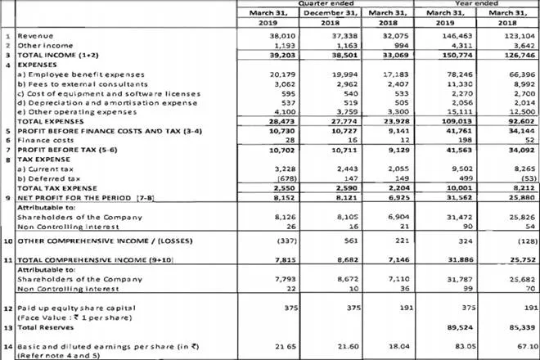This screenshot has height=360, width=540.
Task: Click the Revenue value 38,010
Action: click(267, 38)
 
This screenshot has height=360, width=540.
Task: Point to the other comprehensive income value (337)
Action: click(267, 242)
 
